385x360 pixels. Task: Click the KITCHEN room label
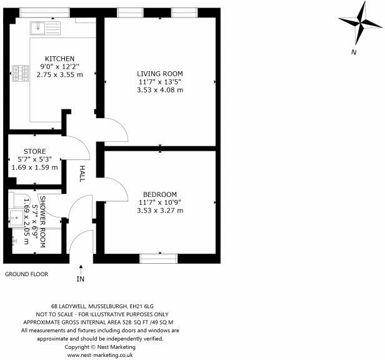click(59, 59)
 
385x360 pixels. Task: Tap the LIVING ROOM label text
click(160, 74)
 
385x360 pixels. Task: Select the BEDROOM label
click(160, 194)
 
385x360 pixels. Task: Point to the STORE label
click(34, 151)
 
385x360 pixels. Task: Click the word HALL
click(82, 174)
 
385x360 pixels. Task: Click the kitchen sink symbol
click(45, 28)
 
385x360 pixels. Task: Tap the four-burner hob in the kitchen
click(21, 73)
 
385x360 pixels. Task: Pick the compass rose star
click(361, 23)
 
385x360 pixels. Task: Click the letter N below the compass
click(354, 52)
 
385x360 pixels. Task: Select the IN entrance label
click(81, 279)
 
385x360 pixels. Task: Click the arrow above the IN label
click(81, 269)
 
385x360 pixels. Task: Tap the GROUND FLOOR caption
click(26, 274)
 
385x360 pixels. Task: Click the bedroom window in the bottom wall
click(158, 259)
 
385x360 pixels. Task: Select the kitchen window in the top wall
click(44, 12)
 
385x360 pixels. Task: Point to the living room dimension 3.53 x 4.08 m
click(160, 90)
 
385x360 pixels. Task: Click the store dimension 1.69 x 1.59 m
click(34, 167)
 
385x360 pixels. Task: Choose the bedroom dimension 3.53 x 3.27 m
click(160, 211)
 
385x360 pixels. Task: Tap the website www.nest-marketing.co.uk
click(100, 355)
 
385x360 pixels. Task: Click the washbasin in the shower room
click(16, 218)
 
